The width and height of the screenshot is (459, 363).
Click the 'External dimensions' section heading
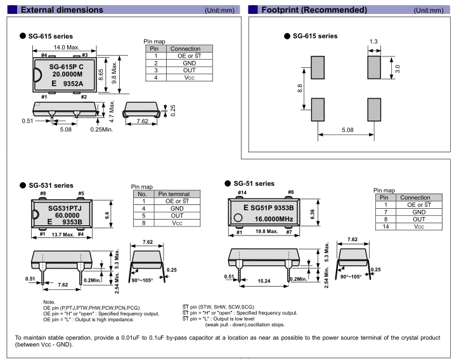tap(61, 10)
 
